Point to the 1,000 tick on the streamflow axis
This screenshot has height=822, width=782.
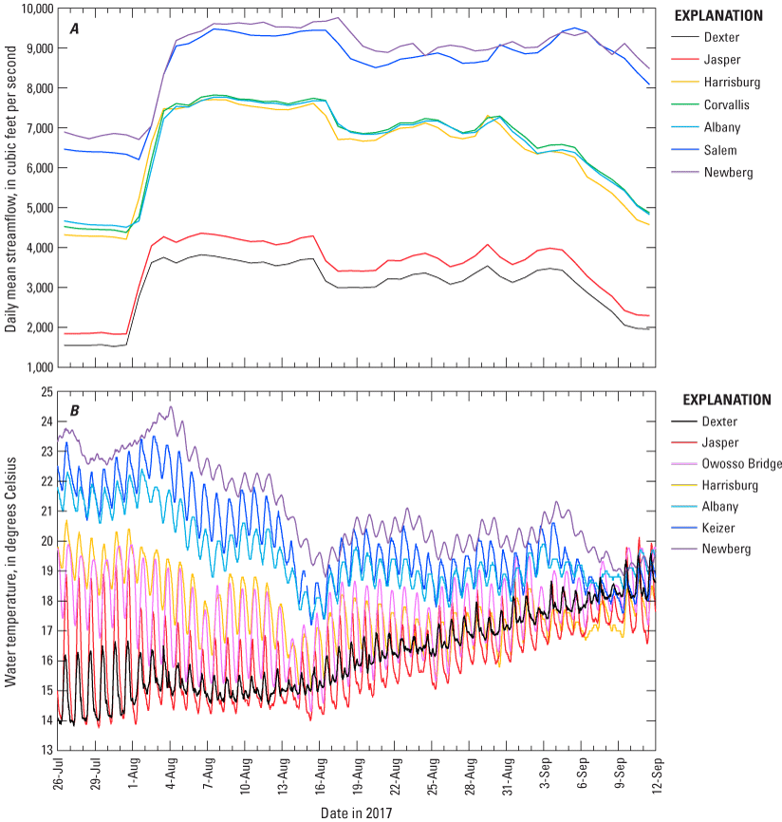(x=37, y=366)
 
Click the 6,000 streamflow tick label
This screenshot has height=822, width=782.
(x=37, y=168)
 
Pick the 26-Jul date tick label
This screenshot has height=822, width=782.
(x=59, y=778)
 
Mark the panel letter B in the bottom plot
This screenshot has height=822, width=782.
(x=73, y=411)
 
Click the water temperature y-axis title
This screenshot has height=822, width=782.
(x=10, y=570)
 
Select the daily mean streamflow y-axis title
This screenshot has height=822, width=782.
(x=10, y=186)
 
